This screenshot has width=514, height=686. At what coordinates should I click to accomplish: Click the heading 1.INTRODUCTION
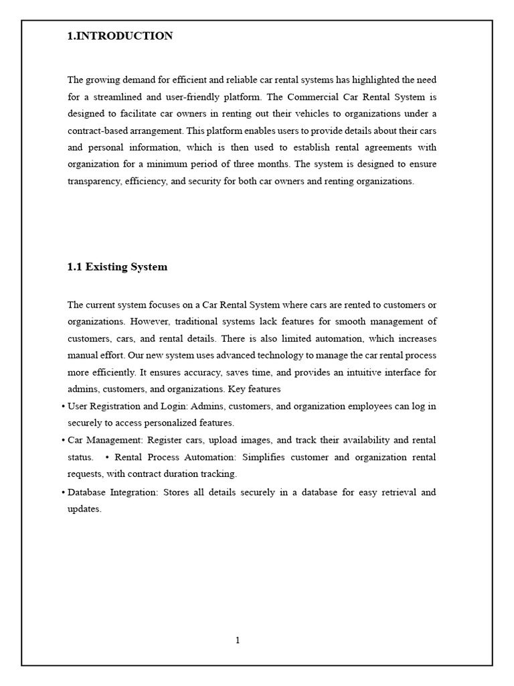pos(120,36)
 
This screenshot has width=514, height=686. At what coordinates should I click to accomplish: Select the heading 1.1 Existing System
pos(117,267)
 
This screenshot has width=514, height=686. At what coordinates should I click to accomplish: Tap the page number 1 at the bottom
pos(238,640)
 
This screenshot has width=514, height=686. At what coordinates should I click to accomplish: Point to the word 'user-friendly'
pos(185,96)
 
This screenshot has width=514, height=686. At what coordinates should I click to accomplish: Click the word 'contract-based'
pos(96,131)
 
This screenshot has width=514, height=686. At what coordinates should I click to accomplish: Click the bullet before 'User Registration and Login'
pos(63,407)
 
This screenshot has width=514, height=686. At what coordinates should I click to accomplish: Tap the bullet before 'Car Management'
pos(63,440)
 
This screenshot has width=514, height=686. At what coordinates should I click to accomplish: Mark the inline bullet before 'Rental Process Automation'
pos(107,458)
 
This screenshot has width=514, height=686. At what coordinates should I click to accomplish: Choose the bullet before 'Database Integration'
pos(63,492)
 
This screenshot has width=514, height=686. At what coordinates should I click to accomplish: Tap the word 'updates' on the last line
pos(83,509)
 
